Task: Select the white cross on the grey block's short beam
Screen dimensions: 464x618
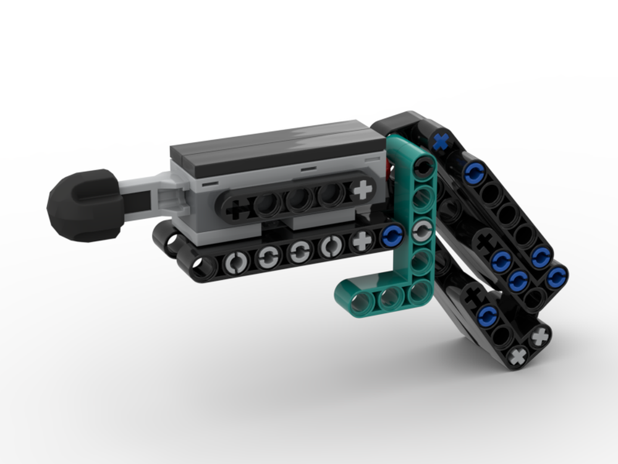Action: tap(363, 189)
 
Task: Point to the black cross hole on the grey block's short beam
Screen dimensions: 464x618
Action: tap(235, 212)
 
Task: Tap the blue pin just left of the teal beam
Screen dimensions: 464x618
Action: tap(392, 235)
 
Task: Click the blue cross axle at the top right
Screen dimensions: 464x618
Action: tap(440, 142)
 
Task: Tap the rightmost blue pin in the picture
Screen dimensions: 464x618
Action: tap(557, 278)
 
